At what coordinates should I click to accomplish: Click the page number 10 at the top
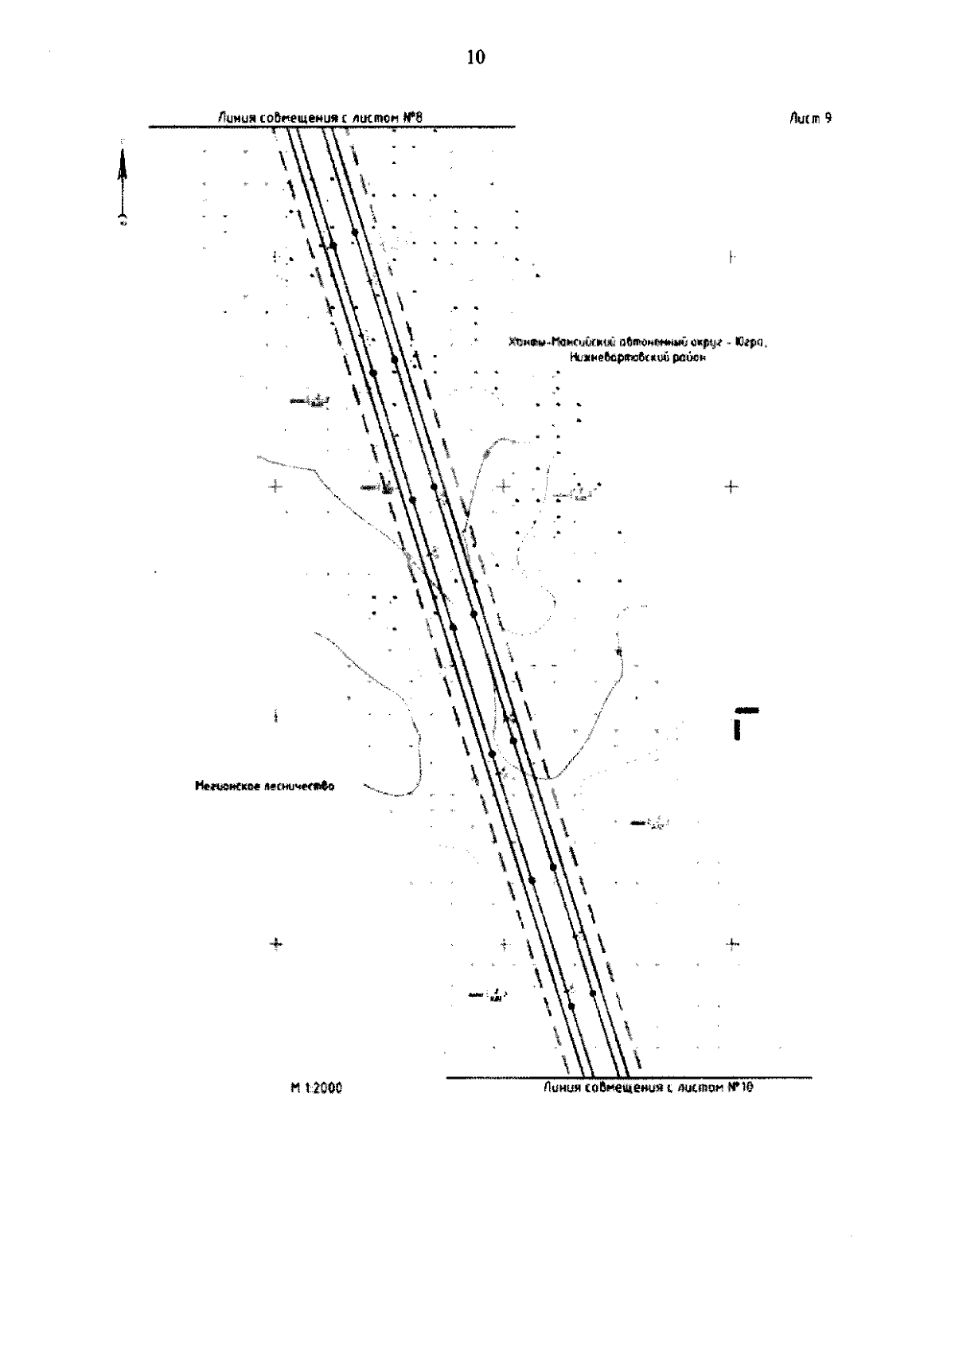(475, 57)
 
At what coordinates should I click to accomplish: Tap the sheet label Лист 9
(811, 118)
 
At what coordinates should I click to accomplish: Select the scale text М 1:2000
(317, 1088)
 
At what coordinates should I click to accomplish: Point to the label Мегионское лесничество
(264, 786)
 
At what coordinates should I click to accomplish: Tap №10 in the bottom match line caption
(740, 1087)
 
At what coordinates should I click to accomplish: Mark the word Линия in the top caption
(237, 118)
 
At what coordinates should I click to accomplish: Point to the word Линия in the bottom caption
(563, 1087)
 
